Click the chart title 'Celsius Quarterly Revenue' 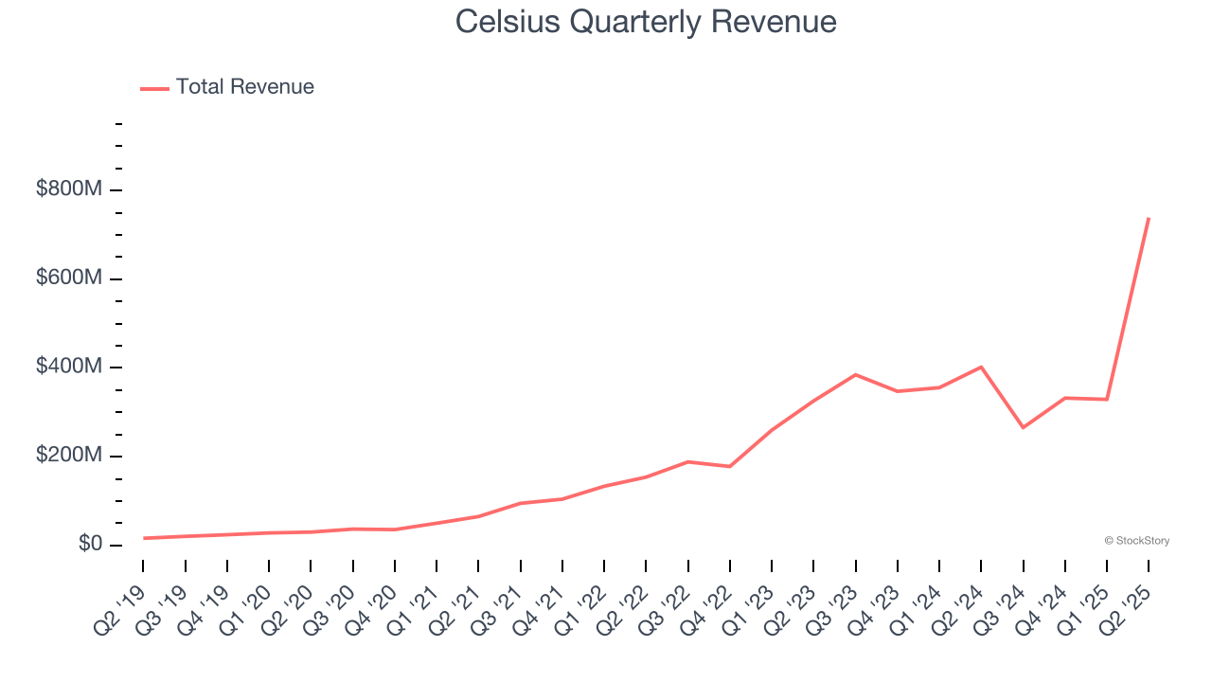(x=646, y=22)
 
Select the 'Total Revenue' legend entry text (x=244, y=87)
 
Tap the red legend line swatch (x=154, y=88)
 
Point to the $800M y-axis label (x=68, y=189)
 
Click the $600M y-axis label (x=68, y=278)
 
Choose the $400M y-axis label (x=68, y=367)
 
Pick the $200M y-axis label (x=68, y=456)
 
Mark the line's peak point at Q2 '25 (x=1149, y=218)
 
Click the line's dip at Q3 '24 (x=1023, y=427)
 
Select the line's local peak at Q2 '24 (x=981, y=367)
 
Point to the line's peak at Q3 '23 (x=855, y=374)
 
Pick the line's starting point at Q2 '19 (x=144, y=538)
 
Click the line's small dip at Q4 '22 (x=730, y=466)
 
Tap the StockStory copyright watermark (x=1136, y=541)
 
